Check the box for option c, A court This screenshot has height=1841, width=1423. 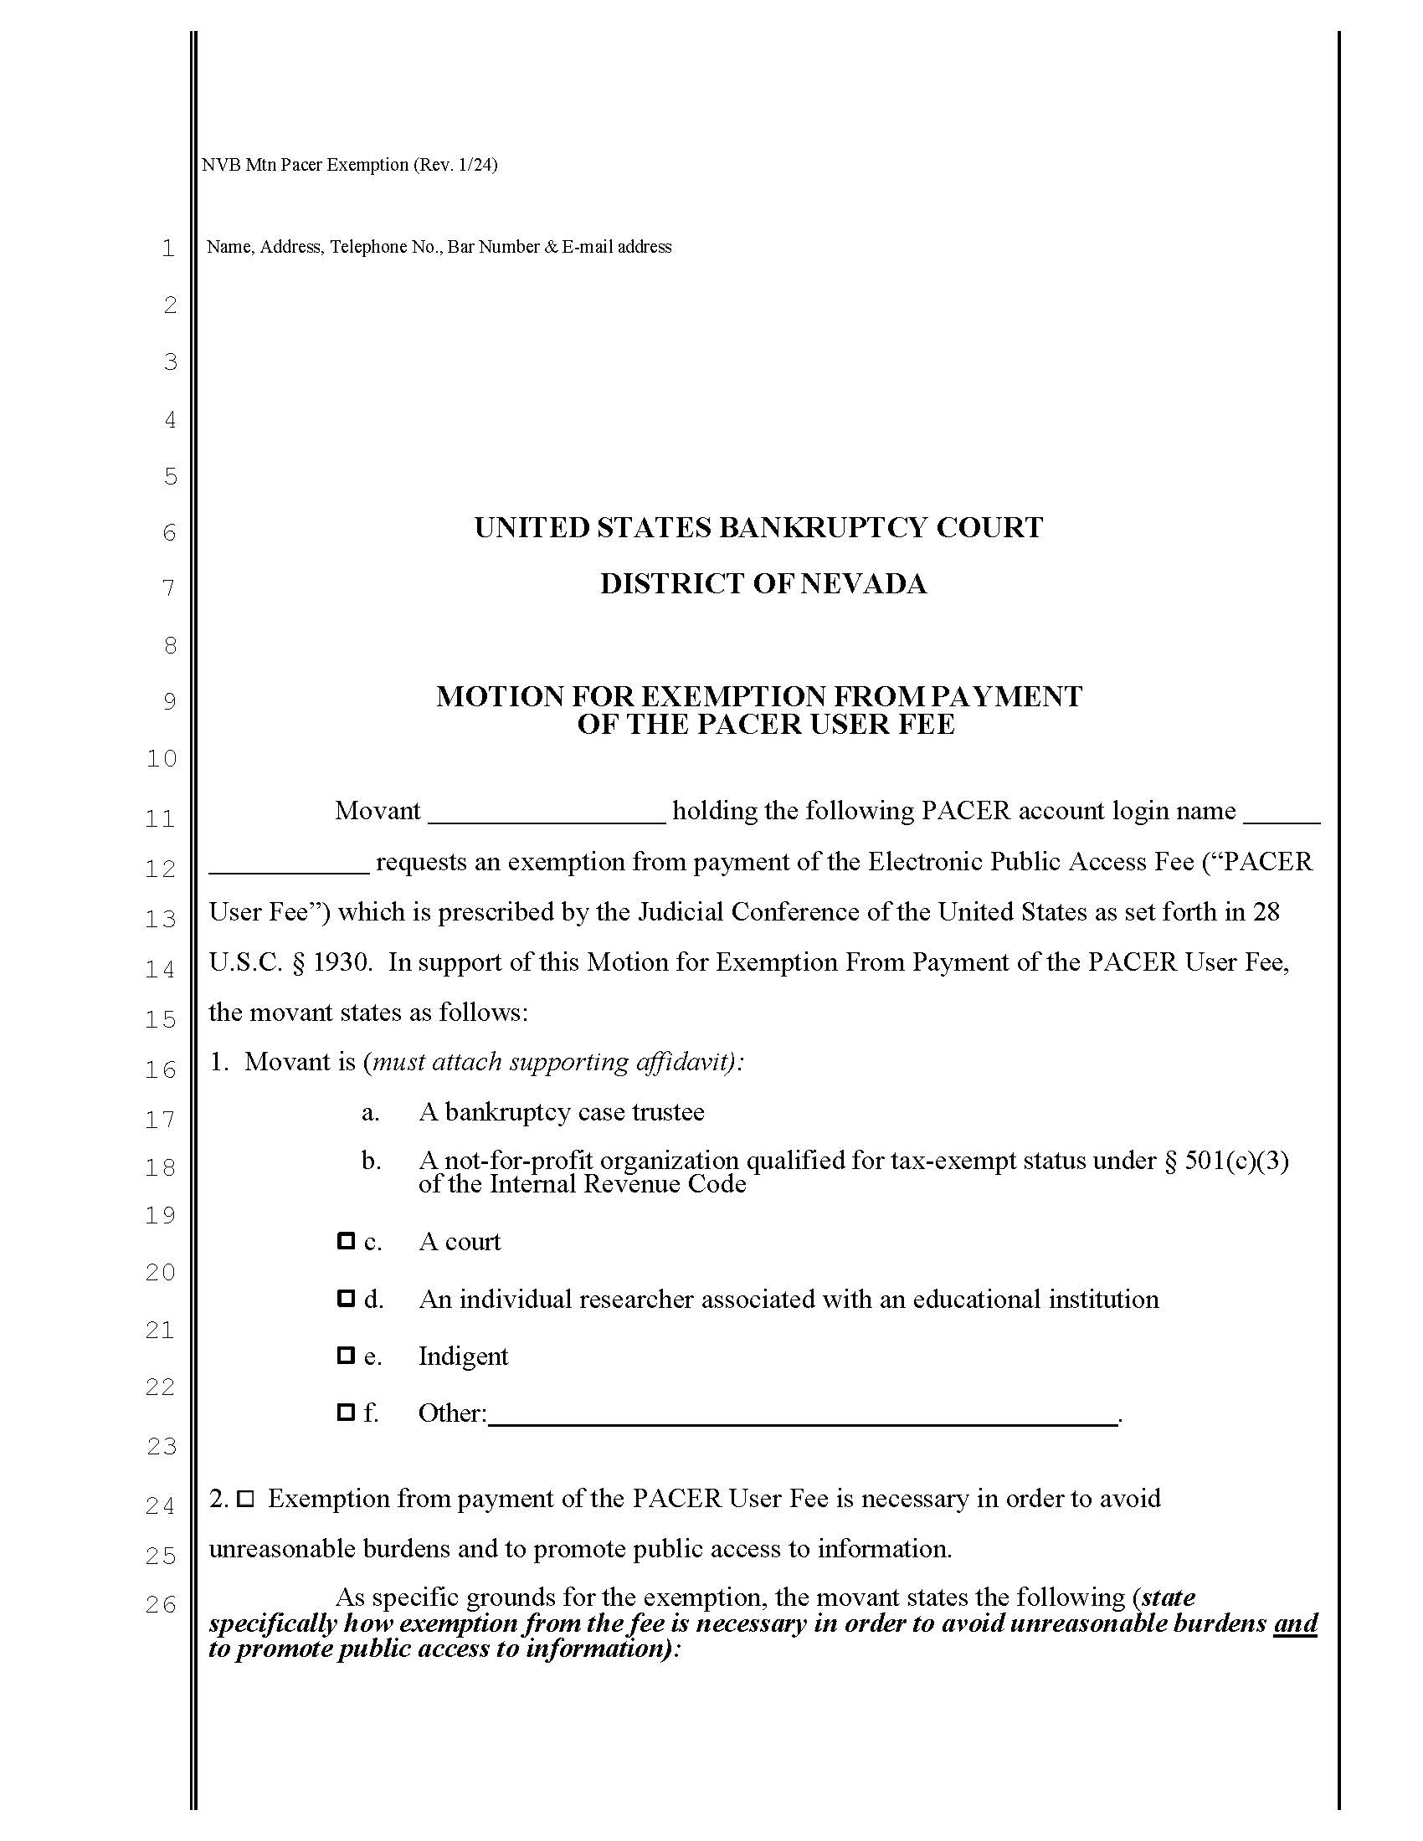click(x=345, y=1241)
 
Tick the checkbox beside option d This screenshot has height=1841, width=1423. click(x=345, y=1298)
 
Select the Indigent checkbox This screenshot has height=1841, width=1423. click(x=345, y=1356)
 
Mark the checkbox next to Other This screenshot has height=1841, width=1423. click(x=345, y=1412)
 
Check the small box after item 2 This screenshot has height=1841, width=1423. click(x=245, y=1499)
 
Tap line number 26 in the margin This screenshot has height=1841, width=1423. click(x=160, y=1604)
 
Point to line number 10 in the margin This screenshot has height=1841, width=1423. click(x=161, y=759)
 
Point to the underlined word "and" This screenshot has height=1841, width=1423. click(x=1295, y=1623)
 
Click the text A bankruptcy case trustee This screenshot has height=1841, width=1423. click(x=561, y=1112)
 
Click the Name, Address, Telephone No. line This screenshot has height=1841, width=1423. click(x=439, y=247)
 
